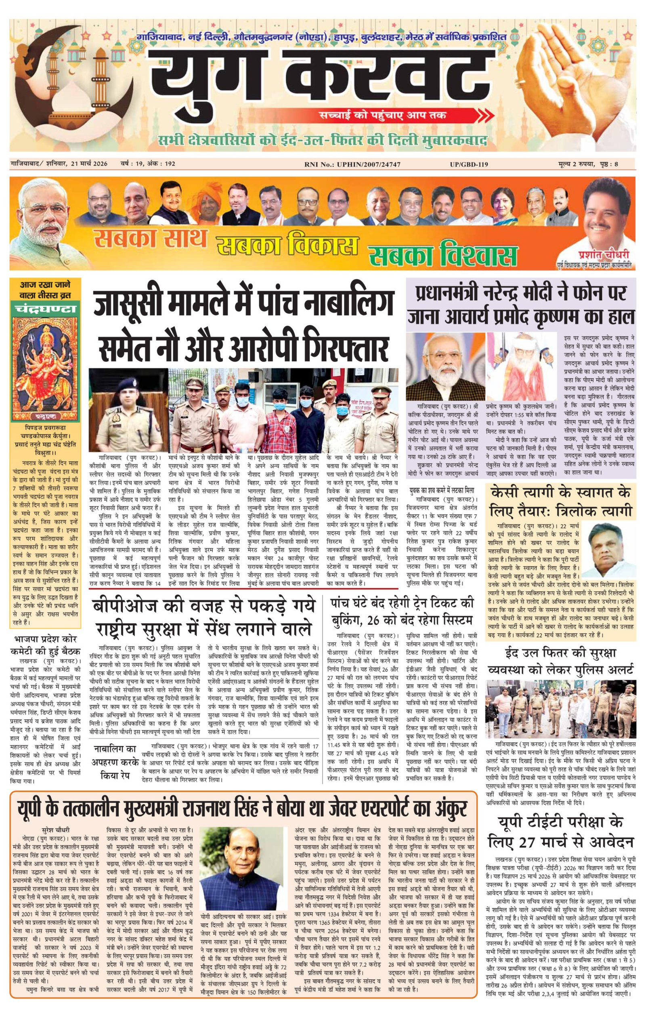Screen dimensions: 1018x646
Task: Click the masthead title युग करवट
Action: point(321,78)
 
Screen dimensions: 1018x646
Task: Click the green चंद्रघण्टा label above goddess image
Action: point(46,309)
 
